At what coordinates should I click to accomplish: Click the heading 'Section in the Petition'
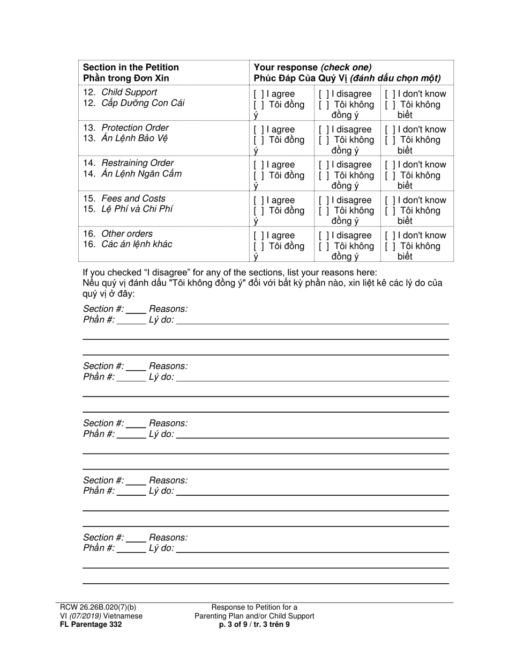tap(131, 67)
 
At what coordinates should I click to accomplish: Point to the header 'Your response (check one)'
tap(312, 67)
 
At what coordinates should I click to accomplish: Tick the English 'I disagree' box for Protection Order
tap(323, 129)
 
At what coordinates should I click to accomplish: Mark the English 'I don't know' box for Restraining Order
tap(390, 165)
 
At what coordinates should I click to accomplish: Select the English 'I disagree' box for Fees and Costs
tap(323, 200)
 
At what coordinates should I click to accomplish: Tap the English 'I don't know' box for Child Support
tap(390, 94)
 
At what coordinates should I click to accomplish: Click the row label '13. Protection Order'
tap(126, 128)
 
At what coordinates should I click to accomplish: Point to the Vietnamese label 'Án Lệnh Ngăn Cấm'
tap(141, 174)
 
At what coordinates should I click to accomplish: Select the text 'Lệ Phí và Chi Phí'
tap(137, 209)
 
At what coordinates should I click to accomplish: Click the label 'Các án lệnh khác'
tap(137, 245)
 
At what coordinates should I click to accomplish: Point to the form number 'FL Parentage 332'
tap(91, 625)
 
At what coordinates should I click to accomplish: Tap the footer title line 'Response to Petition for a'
tap(254, 607)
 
